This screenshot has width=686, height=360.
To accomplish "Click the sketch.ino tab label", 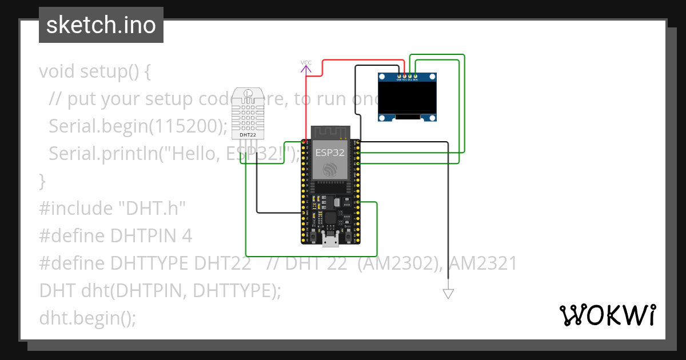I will (x=101, y=25).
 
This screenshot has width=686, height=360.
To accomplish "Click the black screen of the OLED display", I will (x=409, y=96).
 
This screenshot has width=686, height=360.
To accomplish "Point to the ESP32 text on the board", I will (x=330, y=153).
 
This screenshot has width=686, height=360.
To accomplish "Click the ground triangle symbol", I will (x=448, y=294).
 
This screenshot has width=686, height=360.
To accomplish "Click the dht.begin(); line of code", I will (x=87, y=318).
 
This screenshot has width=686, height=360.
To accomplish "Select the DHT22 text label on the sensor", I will (x=248, y=135).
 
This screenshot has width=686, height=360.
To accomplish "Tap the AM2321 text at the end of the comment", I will (x=483, y=263).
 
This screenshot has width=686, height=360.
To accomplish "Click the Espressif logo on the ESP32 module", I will (x=330, y=169).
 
